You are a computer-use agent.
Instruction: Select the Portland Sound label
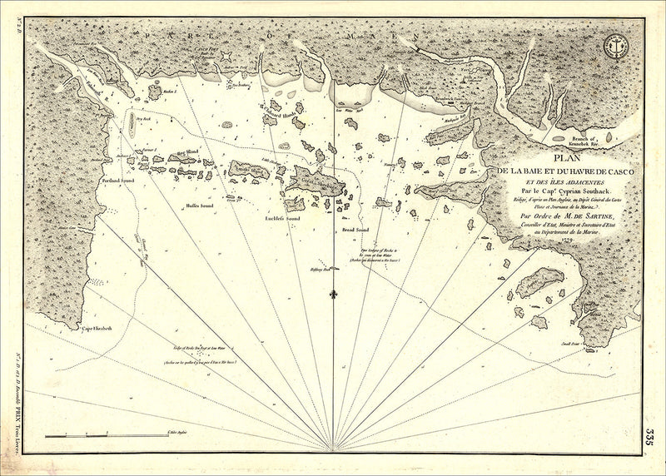(117, 179)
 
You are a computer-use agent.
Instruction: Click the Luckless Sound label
(281, 218)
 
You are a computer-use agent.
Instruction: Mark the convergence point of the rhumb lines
(333, 450)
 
